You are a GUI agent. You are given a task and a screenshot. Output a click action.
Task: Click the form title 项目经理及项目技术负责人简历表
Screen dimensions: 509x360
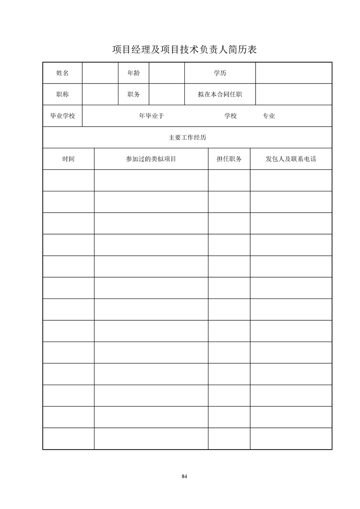click(184, 49)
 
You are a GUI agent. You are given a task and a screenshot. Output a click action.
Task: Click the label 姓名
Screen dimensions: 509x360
click(63, 73)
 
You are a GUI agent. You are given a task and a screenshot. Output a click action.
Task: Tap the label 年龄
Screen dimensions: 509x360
click(133, 73)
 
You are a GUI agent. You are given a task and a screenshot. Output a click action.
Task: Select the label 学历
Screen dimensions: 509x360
click(220, 73)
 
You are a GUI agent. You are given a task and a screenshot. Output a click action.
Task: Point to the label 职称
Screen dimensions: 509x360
click(63, 94)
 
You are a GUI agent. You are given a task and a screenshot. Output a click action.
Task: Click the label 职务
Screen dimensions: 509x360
click(133, 94)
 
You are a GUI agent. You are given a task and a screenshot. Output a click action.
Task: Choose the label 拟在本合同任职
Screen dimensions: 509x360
click(220, 94)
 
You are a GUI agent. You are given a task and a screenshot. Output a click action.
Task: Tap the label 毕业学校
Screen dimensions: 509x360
click(63, 116)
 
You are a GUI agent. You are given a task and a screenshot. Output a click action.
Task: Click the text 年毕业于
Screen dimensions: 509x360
click(151, 116)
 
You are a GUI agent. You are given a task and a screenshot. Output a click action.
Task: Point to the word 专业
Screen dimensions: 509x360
click(269, 116)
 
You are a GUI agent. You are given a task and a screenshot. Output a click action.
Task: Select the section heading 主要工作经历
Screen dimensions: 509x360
click(187, 137)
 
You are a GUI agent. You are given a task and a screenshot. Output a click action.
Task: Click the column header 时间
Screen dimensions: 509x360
click(69, 159)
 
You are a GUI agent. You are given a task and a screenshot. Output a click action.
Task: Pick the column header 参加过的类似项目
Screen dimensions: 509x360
click(151, 159)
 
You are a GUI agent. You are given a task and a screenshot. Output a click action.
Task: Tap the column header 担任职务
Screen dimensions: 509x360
click(229, 159)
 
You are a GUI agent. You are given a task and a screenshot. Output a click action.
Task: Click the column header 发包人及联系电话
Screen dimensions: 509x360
click(291, 159)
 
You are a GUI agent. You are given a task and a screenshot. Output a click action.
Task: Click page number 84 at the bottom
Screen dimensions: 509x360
click(184, 476)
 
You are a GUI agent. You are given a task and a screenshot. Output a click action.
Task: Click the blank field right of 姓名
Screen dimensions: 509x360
click(100, 73)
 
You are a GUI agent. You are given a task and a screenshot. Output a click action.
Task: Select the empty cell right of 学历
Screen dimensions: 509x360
click(294, 73)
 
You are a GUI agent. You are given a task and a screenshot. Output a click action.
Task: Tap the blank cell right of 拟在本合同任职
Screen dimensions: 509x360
click(294, 94)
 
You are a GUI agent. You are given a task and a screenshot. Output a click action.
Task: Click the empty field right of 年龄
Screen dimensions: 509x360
click(167, 73)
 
